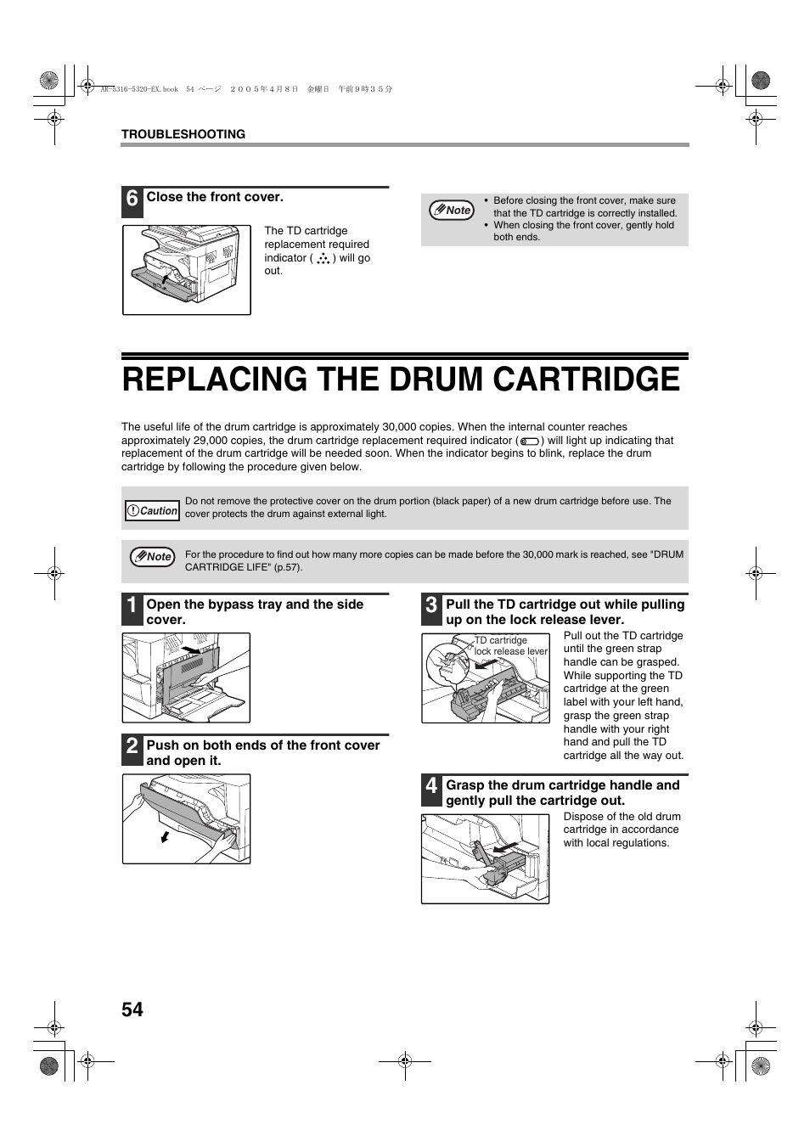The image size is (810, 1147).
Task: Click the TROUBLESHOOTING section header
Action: [183, 134]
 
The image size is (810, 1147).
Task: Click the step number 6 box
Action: [132, 201]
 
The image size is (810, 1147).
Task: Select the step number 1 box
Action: [132, 610]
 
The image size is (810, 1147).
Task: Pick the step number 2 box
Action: [132, 751]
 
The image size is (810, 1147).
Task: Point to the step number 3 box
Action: [431, 610]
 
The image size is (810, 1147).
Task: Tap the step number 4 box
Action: [431, 790]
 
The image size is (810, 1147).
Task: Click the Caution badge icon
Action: [152, 510]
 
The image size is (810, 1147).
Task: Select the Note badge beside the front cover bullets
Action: [452, 210]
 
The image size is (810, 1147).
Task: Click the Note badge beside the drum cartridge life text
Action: [153, 557]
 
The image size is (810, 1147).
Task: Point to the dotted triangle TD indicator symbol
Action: [323, 259]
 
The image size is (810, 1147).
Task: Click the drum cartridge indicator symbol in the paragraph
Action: [530, 441]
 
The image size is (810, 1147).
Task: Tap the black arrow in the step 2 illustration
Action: [165, 837]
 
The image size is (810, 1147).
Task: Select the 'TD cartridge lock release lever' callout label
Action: [510, 646]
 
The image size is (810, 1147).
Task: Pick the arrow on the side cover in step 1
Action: [191, 650]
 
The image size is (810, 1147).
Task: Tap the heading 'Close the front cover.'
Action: [215, 197]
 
